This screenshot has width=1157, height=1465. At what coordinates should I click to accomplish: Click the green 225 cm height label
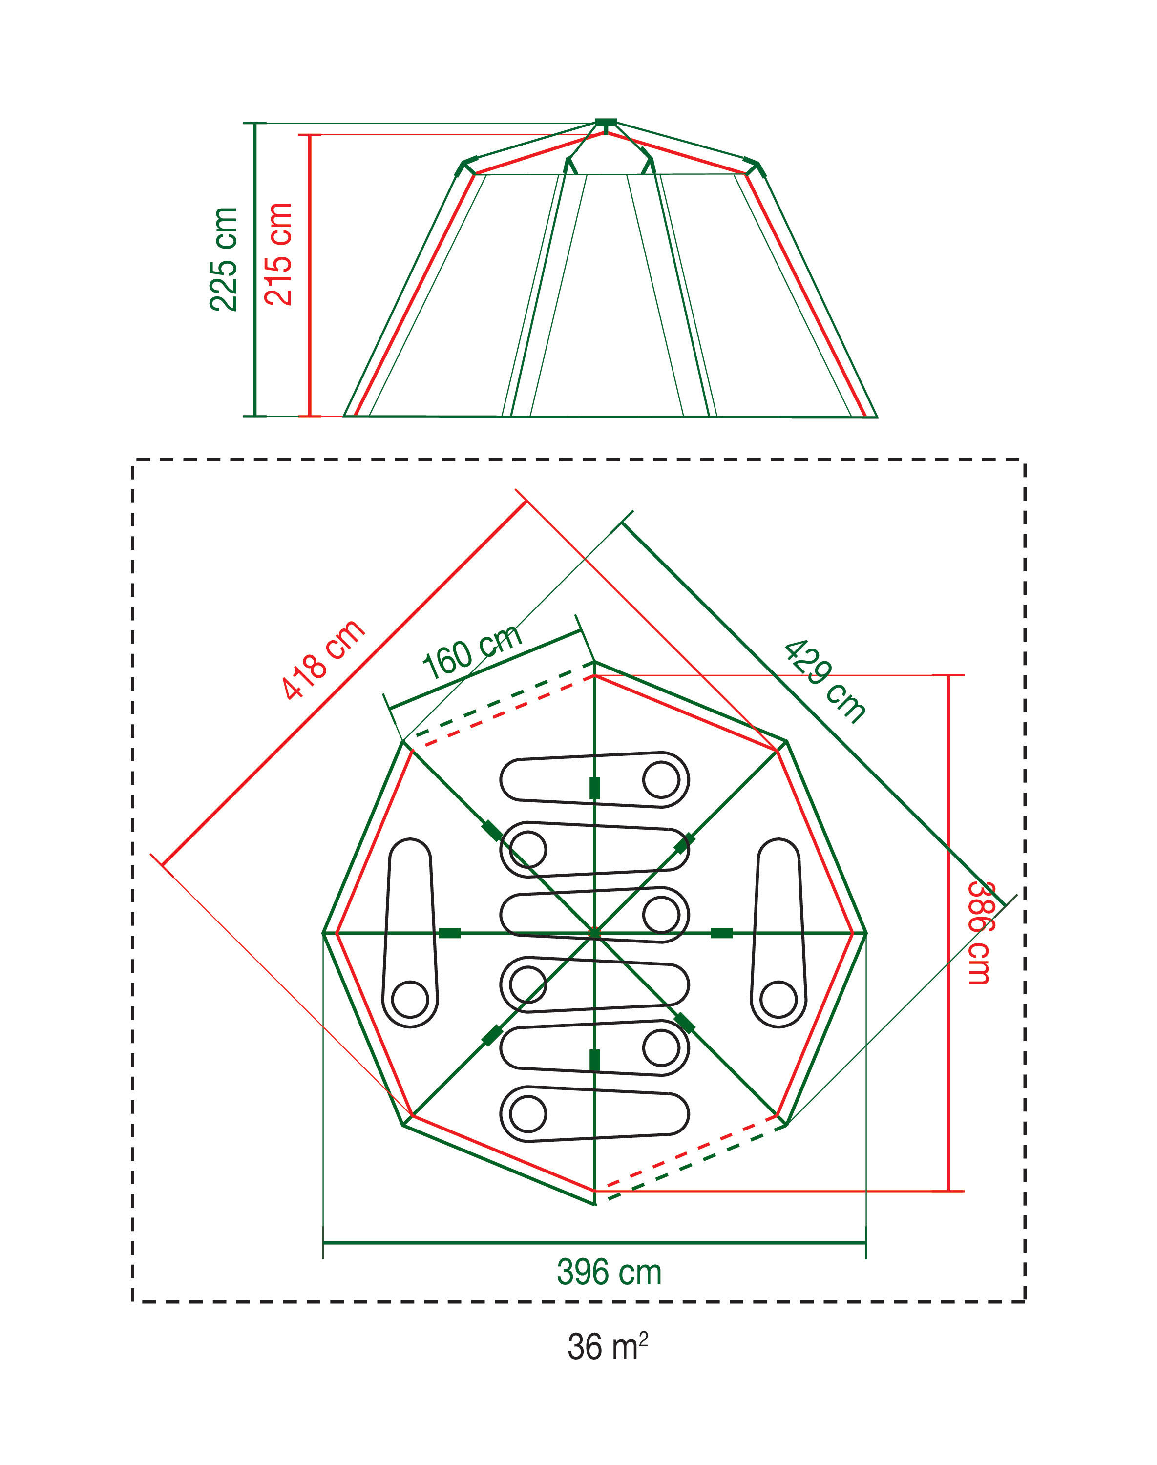(x=224, y=259)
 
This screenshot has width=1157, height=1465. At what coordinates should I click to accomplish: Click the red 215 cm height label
(x=278, y=254)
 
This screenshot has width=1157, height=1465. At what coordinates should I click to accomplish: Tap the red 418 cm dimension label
(x=323, y=659)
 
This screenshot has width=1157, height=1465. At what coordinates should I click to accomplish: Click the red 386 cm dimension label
(x=979, y=933)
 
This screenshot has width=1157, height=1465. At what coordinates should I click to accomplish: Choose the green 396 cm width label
(x=609, y=1272)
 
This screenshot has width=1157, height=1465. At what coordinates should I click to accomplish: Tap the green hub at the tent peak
(x=606, y=123)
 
